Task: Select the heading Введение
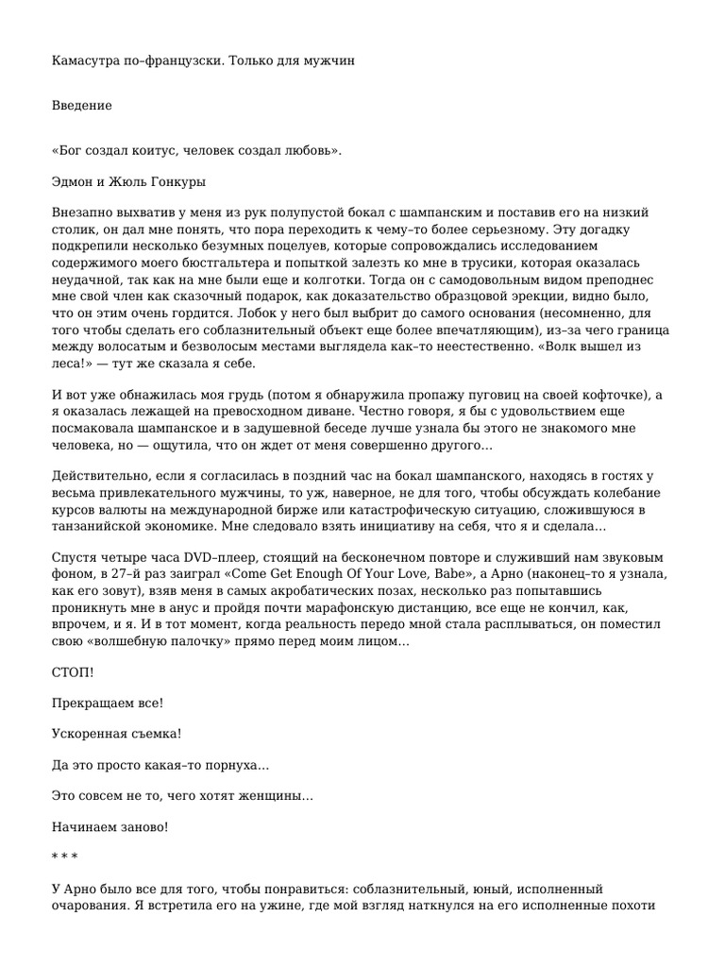(81, 106)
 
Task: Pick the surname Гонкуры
(177, 181)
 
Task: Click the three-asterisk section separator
(64, 857)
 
